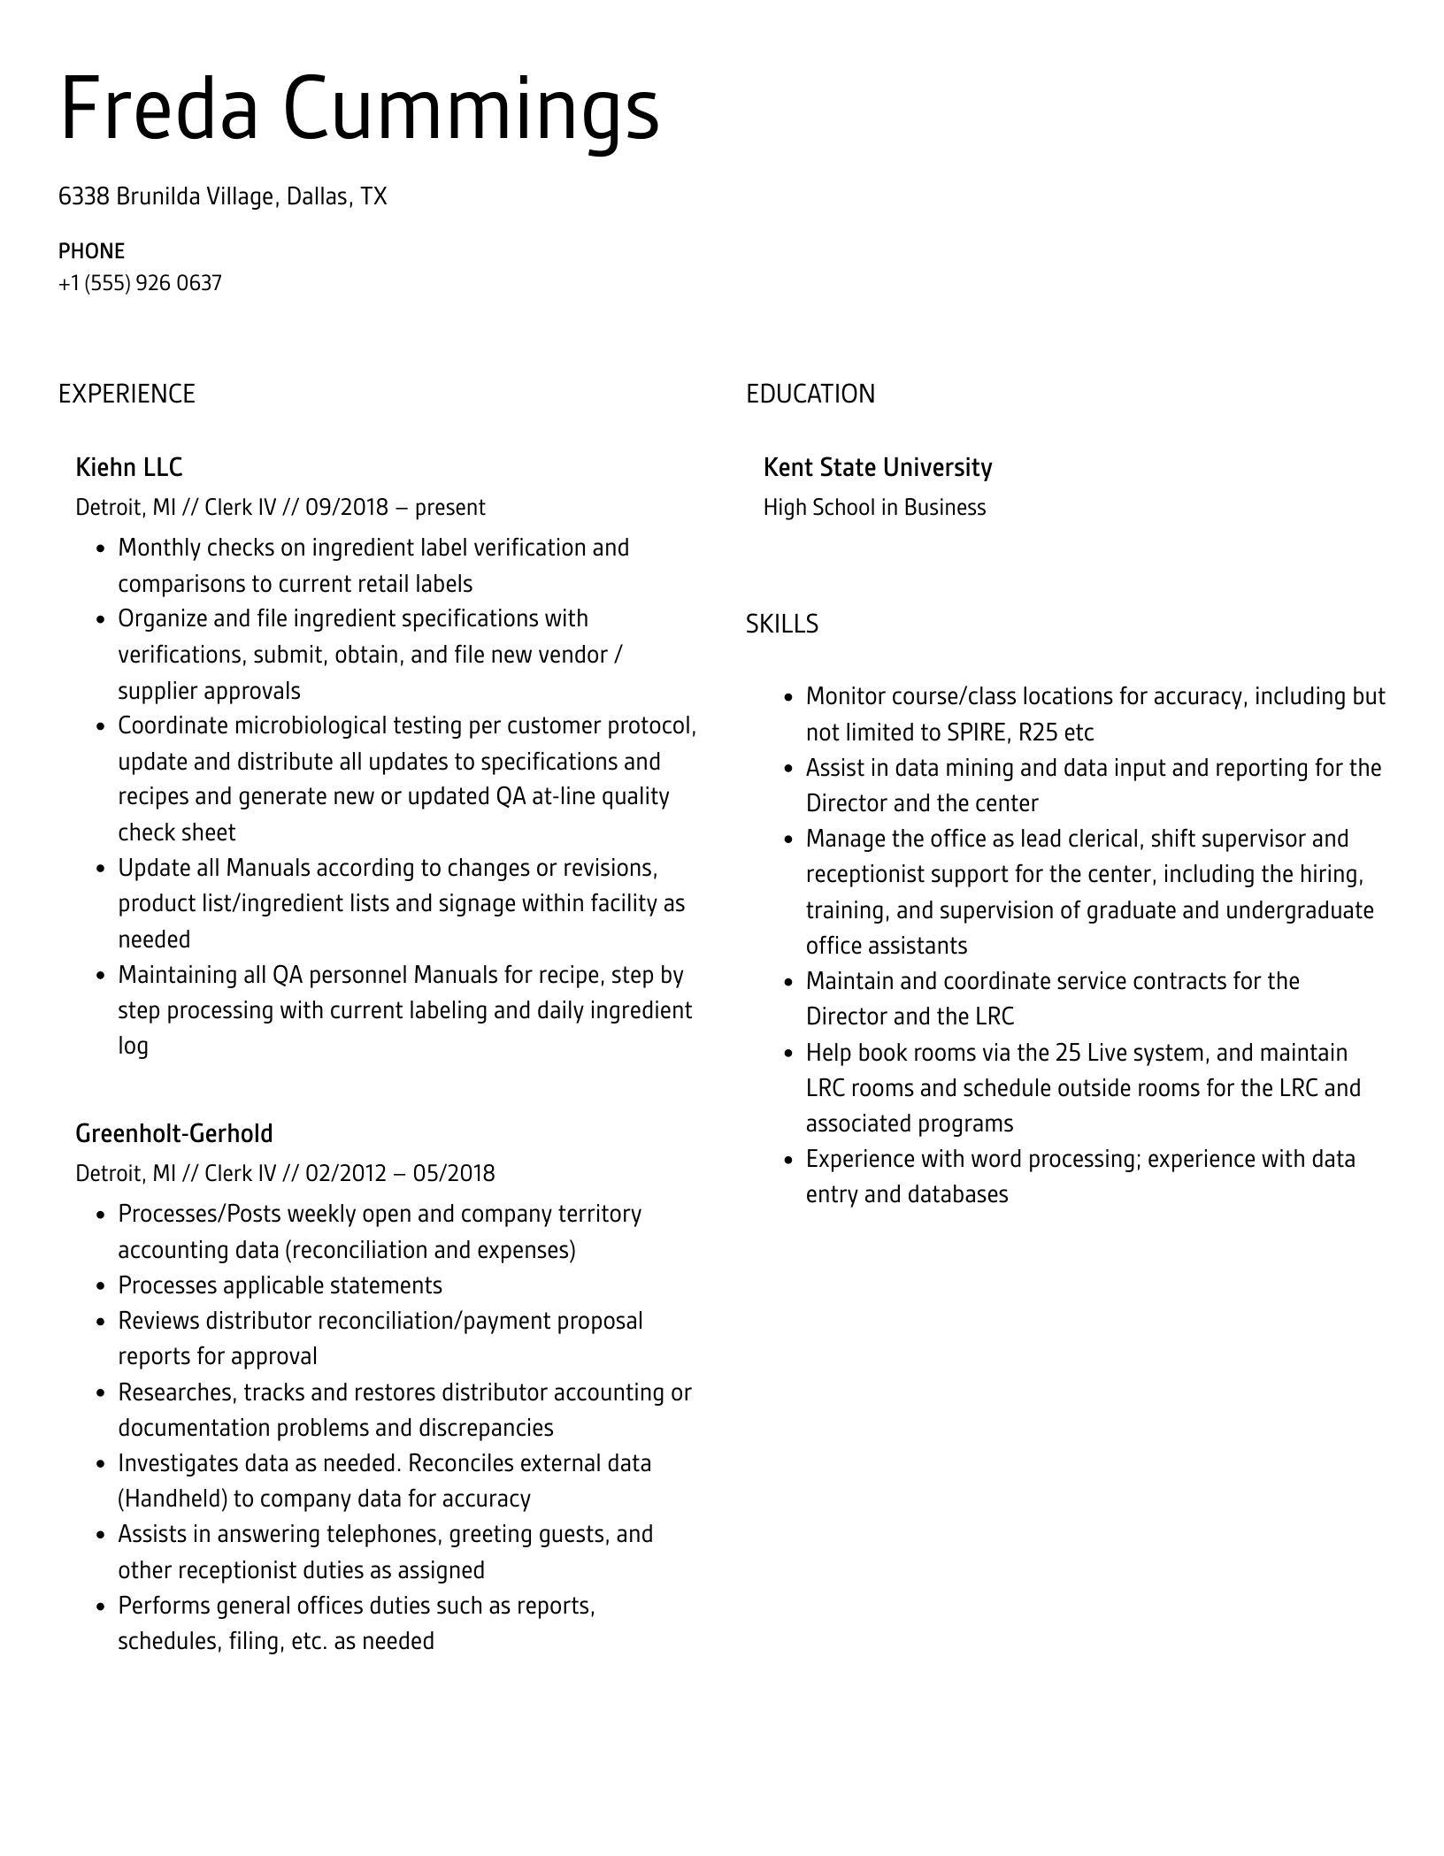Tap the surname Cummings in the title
pyautogui.click(x=471, y=110)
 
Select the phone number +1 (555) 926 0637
pyautogui.click(x=140, y=283)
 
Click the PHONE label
pyautogui.click(x=91, y=251)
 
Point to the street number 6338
pyautogui.click(x=83, y=196)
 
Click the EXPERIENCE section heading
pyautogui.click(x=127, y=394)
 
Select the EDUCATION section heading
pyautogui.click(x=810, y=394)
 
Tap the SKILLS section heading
pyautogui.click(x=781, y=625)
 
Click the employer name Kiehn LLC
pyautogui.click(x=129, y=467)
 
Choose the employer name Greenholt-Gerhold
pyautogui.click(x=174, y=1133)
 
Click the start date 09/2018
pyautogui.click(x=347, y=508)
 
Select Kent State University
pyautogui.click(x=877, y=467)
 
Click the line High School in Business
pyautogui.click(x=874, y=508)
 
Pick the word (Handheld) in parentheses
pyautogui.click(x=173, y=1499)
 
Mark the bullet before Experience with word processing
pyautogui.click(x=788, y=1160)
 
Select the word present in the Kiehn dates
pyautogui.click(x=450, y=508)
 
